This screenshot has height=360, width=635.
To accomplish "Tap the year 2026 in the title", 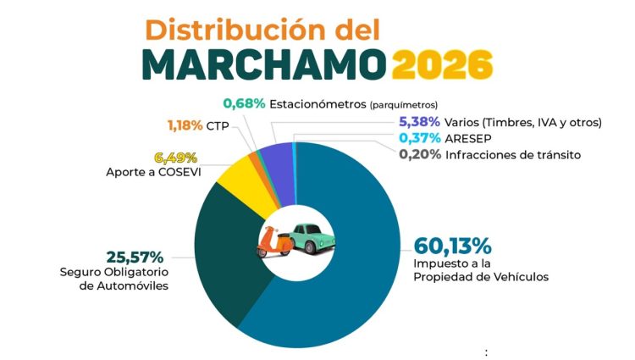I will (x=442, y=65).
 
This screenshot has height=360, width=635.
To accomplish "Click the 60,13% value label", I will (x=452, y=246).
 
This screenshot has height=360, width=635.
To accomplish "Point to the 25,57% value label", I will (x=135, y=257).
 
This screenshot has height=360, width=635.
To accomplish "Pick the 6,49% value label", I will (x=175, y=158).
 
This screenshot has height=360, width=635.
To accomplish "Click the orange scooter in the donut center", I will (x=274, y=242).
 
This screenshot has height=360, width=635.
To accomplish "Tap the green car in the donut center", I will (x=312, y=239).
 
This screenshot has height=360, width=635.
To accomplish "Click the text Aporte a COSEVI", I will (x=152, y=173).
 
